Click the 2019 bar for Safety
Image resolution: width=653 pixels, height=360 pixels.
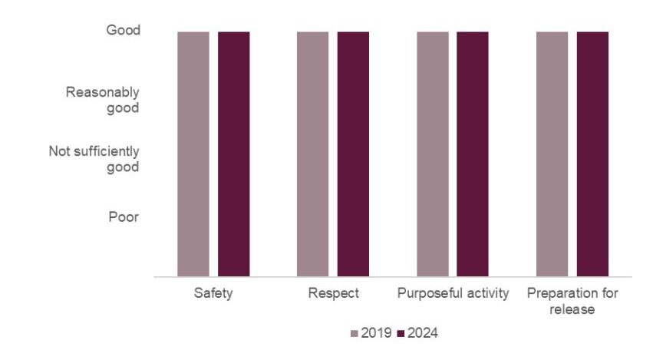193,154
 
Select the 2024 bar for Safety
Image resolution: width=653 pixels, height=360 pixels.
233,154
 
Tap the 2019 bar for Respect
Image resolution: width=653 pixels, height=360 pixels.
313,154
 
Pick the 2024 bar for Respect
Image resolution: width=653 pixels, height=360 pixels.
353,154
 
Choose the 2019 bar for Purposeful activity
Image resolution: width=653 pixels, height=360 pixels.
433,154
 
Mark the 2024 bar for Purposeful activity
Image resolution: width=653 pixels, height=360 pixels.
473,154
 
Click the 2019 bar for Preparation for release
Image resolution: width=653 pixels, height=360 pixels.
552,154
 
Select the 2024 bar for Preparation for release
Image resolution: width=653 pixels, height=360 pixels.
592,154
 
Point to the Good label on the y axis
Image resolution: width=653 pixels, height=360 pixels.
122,31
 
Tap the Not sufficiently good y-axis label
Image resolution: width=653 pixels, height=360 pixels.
94,159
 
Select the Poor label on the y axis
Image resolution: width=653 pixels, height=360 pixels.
124,217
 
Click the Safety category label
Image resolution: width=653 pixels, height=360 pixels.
213,294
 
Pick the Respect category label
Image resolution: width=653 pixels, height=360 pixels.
333,294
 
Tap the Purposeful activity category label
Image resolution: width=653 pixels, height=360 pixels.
453,294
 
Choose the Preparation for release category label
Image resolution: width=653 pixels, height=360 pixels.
572,301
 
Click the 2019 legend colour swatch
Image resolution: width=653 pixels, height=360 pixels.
355,334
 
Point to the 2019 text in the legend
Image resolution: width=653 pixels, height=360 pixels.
377,333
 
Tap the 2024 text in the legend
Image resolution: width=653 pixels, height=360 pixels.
423,333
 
